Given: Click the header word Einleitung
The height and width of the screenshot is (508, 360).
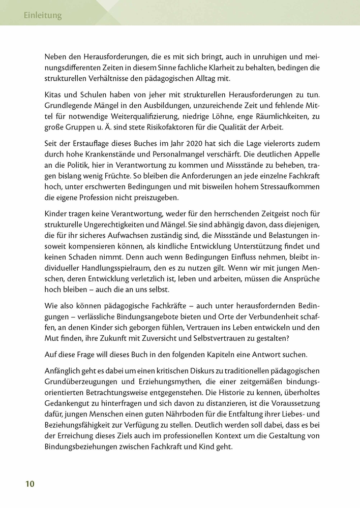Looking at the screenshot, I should (43, 16).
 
